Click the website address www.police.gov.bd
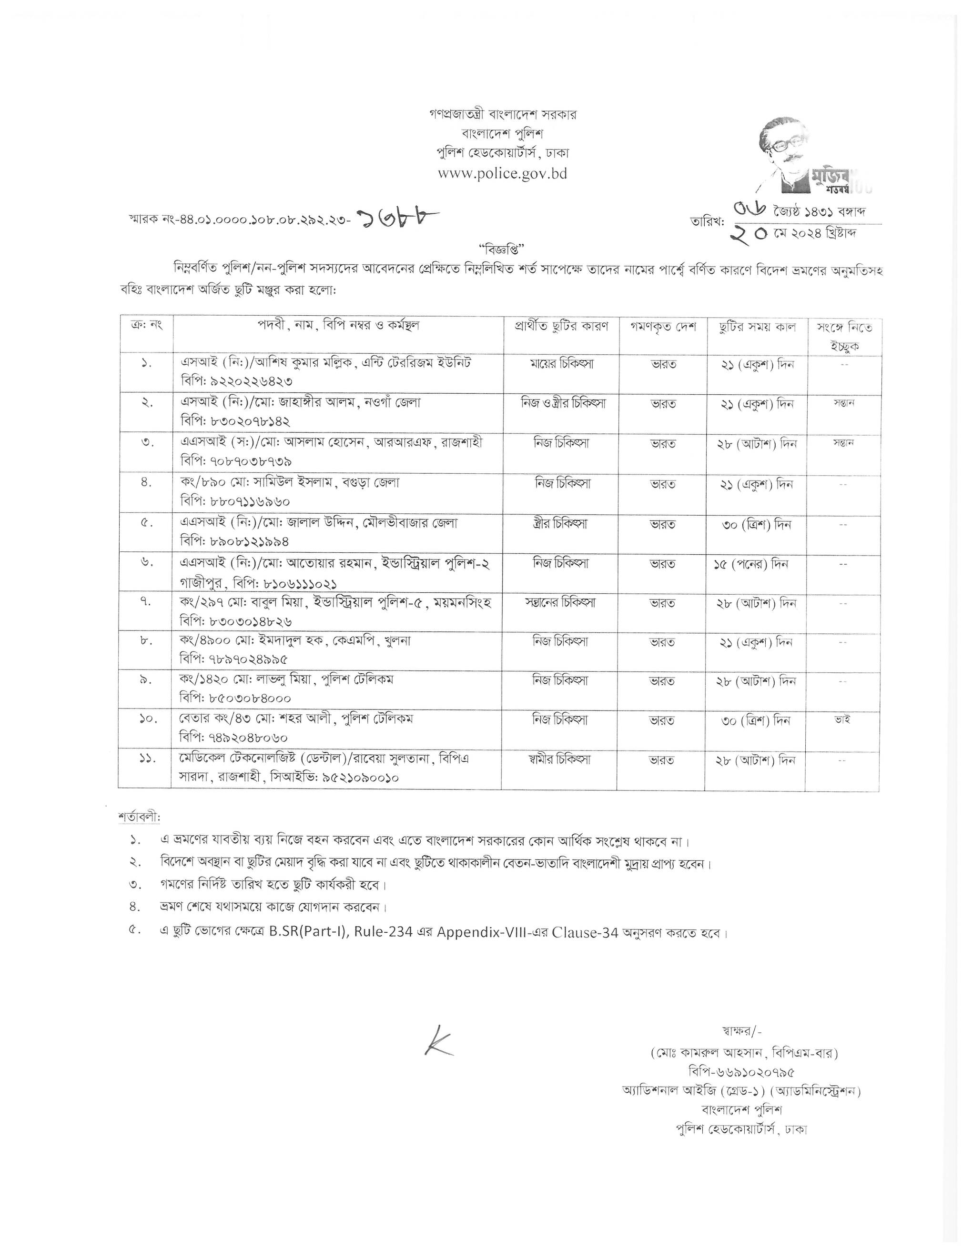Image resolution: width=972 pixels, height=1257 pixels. coord(502,173)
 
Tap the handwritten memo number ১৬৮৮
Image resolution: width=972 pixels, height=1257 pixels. coord(397,219)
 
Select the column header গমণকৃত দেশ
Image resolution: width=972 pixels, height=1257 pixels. coord(662,327)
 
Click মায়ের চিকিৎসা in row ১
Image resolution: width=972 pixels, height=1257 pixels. coord(561,364)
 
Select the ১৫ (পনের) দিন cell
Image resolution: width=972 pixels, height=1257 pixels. coord(750,564)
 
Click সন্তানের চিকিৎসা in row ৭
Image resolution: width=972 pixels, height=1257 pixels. coord(560,603)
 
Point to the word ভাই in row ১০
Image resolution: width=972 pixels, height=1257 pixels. coord(842,719)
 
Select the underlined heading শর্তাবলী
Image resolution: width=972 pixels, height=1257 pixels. coord(139,817)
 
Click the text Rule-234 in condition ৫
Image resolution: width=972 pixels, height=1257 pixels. coord(384,932)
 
